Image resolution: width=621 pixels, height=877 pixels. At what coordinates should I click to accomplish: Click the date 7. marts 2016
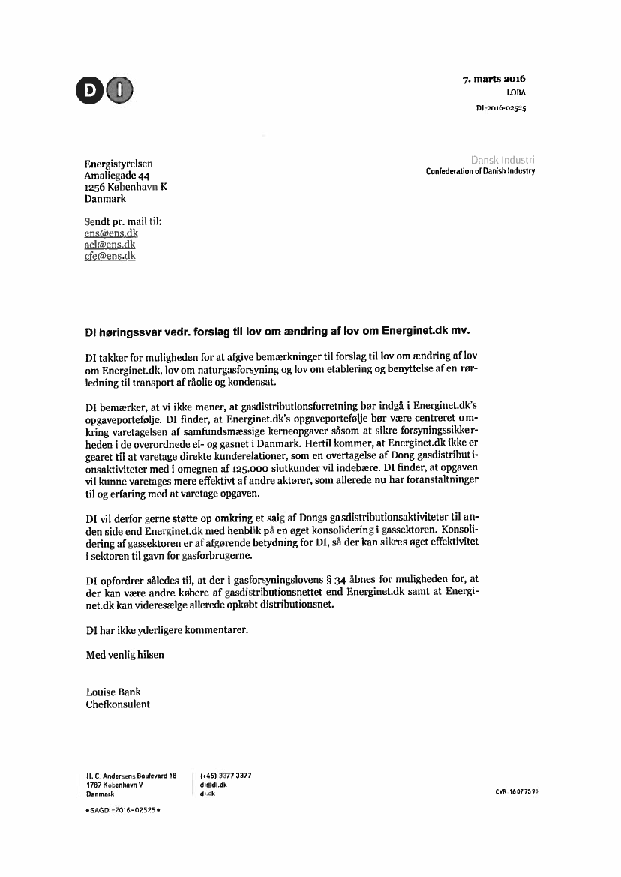tap(494, 79)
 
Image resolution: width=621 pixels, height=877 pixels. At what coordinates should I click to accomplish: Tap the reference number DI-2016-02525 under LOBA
tap(500, 108)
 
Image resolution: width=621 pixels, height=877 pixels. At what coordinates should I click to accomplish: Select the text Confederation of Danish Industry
tap(480, 171)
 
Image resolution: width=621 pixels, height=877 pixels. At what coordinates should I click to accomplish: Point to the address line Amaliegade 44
tap(118, 176)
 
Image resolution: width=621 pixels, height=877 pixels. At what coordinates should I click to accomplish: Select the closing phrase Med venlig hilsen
tap(124, 654)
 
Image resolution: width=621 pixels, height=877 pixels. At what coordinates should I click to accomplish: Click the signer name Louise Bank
tap(113, 692)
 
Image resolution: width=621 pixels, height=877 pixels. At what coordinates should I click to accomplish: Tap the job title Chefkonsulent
tap(118, 704)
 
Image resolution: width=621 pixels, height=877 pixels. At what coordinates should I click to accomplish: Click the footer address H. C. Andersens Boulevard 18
tap(131, 776)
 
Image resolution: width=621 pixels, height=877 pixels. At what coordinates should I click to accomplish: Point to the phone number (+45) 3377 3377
tap(226, 776)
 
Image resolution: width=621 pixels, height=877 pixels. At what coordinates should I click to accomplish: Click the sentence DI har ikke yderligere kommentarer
tap(166, 630)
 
